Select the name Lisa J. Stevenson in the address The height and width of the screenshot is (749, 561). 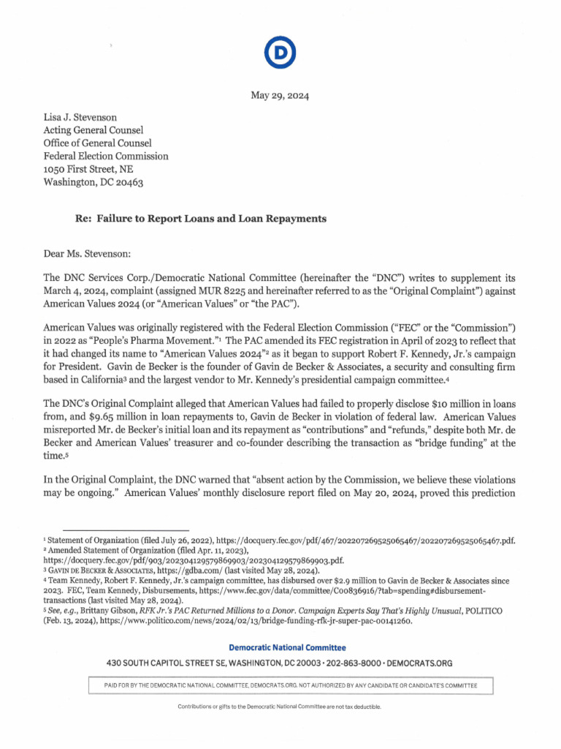coord(80,116)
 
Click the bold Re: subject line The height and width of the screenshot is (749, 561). coord(201,219)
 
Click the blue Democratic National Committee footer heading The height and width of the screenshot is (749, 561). coord(287,647)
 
